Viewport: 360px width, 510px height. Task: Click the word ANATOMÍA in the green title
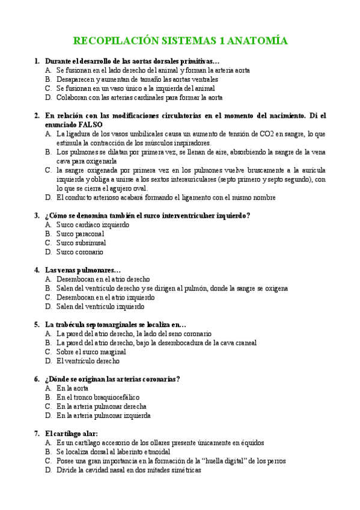click(257, 41)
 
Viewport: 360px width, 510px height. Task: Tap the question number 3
click(37, 215)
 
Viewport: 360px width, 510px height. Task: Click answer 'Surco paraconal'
click(80, 234)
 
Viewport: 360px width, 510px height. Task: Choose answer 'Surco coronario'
click(79, 252)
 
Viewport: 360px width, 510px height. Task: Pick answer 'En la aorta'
click(72, 389)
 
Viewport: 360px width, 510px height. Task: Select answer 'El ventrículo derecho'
click(88, 361)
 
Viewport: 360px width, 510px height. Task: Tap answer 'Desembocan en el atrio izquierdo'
click(105, 297)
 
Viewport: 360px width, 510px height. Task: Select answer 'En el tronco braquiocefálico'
click(98, 398)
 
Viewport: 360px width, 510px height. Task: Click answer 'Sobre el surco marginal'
click(91, 352)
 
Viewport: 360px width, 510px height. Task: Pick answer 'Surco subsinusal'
click(81, 243)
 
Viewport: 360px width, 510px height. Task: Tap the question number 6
click(37, 379)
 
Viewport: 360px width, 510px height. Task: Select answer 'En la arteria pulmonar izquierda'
click(103, 416)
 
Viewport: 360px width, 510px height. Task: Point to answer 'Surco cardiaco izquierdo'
click(93, 225)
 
